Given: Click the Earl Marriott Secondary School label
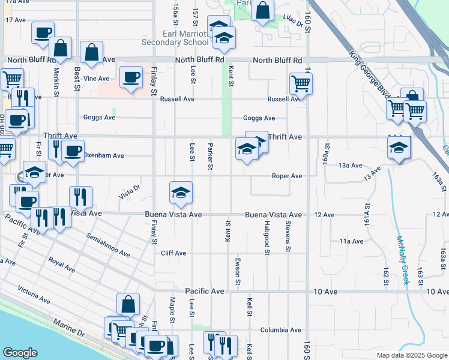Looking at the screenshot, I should point(174,38).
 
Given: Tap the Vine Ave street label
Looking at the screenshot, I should point(97,79).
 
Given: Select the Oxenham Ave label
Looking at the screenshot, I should point(103,155).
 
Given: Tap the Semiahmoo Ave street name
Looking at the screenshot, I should point(108,245).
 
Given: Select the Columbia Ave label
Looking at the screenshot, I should point(280,330).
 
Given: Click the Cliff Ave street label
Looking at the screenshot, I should point(173,253).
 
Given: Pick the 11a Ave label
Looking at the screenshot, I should point(351,241).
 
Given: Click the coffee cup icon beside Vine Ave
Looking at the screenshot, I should point(131,77).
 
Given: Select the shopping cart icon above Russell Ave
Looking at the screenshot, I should point(301,83).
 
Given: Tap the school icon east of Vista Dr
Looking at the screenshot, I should point(181,192).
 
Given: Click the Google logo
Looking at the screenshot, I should point(20,353).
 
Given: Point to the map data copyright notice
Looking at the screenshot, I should point(411,355).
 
